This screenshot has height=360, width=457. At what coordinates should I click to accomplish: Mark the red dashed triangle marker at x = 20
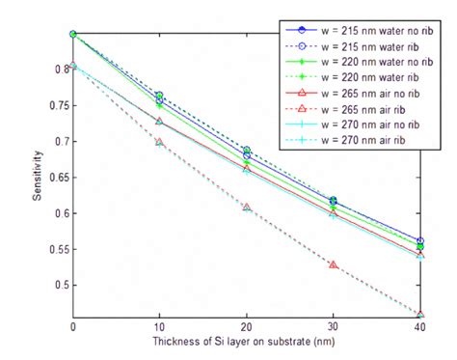tap(247, 208)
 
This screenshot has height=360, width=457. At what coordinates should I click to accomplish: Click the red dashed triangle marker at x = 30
tap(335, 263)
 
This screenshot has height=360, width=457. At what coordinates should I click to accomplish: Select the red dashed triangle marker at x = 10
tap(160, 142)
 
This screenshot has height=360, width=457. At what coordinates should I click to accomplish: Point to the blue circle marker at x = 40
tap(421, 241)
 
